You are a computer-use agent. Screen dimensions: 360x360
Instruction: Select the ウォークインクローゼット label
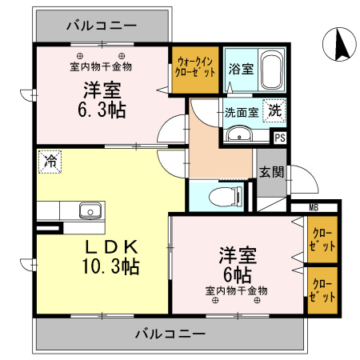click(196, 66)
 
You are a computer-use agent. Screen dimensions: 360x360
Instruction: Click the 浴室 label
click(241, 69)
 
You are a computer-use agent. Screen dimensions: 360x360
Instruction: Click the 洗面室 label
click(240, 112)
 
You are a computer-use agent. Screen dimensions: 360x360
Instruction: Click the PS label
click(279, 138)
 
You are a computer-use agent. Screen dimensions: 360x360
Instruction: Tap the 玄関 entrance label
click(270, 171)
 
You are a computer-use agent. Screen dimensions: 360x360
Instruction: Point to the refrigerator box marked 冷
click(50, 162)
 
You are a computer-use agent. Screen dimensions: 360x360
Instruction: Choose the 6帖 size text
click(238, 274)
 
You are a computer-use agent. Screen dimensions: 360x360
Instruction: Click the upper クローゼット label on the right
click(322, 239)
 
